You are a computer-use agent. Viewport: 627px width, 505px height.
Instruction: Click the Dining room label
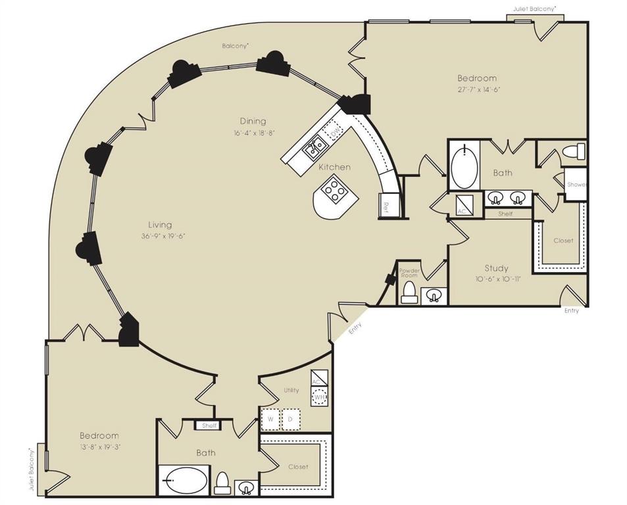(253, 121)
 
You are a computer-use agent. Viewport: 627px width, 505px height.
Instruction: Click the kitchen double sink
(313, 146)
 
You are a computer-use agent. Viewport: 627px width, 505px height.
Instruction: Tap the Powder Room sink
(433, 296)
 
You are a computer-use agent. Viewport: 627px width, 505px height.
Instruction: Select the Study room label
(496, 268)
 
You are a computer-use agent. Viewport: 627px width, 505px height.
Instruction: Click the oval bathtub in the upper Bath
(465, 168)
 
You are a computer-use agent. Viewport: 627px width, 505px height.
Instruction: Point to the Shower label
(576, 185)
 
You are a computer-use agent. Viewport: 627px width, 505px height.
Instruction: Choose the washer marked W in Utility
(270, 419)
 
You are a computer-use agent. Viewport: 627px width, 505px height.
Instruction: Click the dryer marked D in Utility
(291, 419)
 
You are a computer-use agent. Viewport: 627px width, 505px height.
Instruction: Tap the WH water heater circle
(319, 397)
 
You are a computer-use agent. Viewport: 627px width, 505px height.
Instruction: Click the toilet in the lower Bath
(222, 483)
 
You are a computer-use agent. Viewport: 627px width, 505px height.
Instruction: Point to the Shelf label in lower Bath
(209, 425)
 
